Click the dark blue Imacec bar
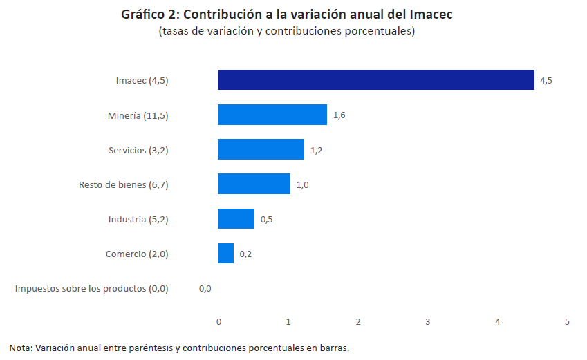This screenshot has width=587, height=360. click(x=375, y=80)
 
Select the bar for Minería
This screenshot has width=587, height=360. click(x=272, y=115)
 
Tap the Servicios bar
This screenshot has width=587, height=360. click(x=261, y=149)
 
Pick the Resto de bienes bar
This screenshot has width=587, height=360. click(x=254, y=184)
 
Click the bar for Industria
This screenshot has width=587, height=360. click(x=236, y=218)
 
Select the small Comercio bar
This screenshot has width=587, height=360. click(x=225, y=253)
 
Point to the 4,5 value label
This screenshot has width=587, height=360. click(x=546, y=81)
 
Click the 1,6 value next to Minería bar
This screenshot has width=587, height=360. click(x=339, y=115)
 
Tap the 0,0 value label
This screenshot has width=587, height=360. click(x=205, y=288)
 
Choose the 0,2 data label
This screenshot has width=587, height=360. click(x=245, y=254)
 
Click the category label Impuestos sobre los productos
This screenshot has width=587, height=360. click(x=91, y=288)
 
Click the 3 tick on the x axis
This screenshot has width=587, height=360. click(x=428, y=322)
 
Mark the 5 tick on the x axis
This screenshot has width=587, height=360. click(x=568, y=322)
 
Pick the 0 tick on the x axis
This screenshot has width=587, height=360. click(x=218, y=322)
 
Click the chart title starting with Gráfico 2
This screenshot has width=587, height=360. click(x=286, y=14)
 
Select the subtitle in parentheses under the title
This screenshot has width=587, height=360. click(x=286, y=31)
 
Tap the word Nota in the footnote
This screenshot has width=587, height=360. click(x=20, y=348)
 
